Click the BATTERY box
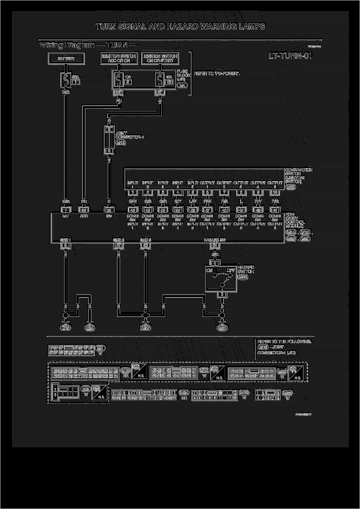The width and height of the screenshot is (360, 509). [66, 59]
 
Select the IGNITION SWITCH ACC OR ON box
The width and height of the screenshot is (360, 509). [119, 59]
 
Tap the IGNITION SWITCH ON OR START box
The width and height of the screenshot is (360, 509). [160, 59]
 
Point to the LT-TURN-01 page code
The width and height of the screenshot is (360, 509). [290, 56]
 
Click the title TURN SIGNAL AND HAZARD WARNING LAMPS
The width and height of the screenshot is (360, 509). [180, 27]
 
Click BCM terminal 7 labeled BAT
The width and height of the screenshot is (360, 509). [66, 210]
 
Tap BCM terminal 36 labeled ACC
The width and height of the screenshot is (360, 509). [84, 210]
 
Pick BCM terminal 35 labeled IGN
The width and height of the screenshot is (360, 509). [109, 210]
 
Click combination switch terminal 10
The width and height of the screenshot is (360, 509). [275, 193]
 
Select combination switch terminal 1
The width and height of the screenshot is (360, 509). [132, 193]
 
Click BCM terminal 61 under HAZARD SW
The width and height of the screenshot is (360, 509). [215, 246]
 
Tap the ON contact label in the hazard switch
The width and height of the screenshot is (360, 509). [209, 270]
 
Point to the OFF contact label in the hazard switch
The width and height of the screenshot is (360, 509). [231, 270]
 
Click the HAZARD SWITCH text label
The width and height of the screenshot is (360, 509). [246, 270]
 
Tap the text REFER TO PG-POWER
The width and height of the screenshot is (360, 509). [217, 74]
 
